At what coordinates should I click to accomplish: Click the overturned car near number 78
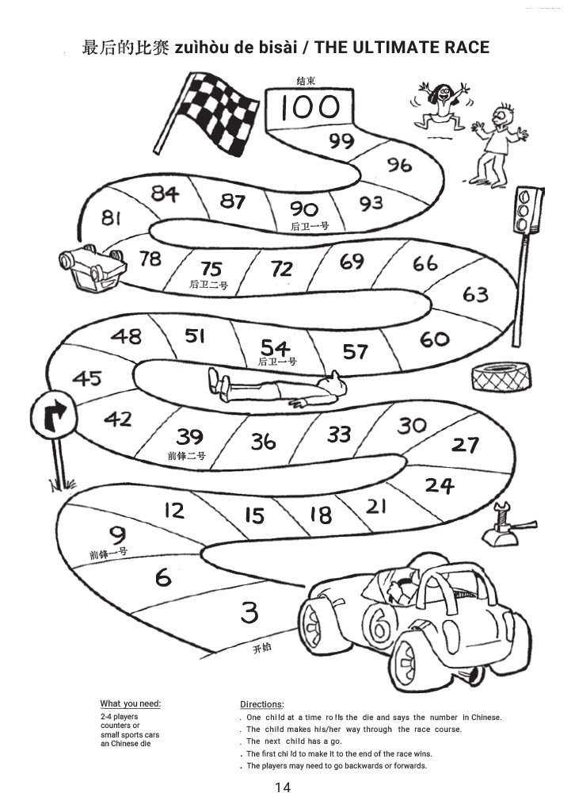click(x=89, y=266)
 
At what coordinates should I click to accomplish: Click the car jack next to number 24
click(x=504, y=528)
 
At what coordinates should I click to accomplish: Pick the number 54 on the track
click(x=276, y=347)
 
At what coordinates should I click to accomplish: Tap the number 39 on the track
click(x=190, y=437)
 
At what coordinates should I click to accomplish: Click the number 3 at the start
click(x=249, y=612)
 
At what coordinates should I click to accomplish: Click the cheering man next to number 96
click(x=497, y=139)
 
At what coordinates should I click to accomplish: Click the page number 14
click(x=283, y=787)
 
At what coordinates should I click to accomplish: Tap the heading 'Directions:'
click(x=261, y=703)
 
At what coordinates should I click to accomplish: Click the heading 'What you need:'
click(x=130, y=703)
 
